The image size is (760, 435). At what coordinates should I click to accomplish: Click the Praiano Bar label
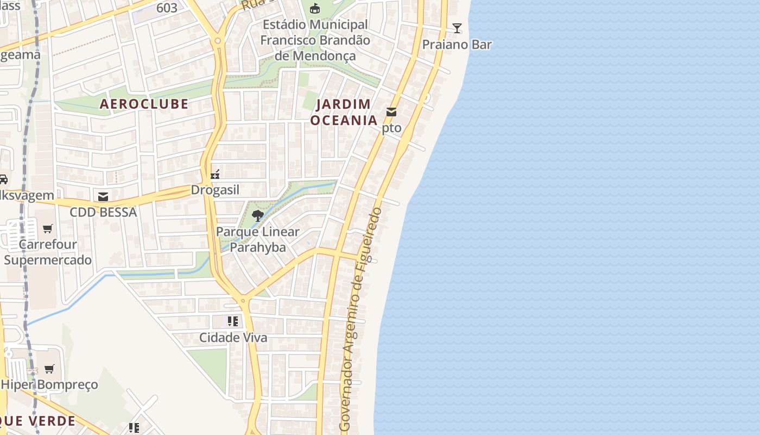pyautogui.click(x=457, y=45)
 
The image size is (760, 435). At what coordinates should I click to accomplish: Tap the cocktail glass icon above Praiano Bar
pyautogui.click(x=457, y=28)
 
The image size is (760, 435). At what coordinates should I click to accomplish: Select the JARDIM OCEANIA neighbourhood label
pyautogui.click(x=344, y=112)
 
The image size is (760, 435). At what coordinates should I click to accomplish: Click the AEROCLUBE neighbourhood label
pyautogui.click(x=144, y=104)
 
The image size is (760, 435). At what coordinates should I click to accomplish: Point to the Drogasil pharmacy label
pyautogui.click(x=215, y=190)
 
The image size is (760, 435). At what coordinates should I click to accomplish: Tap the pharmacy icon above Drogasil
pyautogui.click(x=215, y=175)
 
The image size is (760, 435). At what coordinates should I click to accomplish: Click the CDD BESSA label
pyautogui.click(x=103, y=212)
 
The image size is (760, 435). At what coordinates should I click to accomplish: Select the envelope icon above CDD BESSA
pyautogui.click(x=103, y=196)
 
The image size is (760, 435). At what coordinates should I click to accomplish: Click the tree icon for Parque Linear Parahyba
pyautogui.click(x=258, y=216)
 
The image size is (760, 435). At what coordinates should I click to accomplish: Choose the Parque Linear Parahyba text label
pyautogui.click(x=258, y=239)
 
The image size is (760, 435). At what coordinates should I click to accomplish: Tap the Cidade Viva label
pyautogui.click(x=233, y=338)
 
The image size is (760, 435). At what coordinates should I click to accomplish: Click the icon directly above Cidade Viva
pyautogui.click(x=233, y=321)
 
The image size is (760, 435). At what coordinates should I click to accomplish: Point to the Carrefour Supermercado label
pyautogui.click(x=48, y=252)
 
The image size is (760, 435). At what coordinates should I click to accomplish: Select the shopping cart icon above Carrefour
pyautogui.click(x=48, y=229)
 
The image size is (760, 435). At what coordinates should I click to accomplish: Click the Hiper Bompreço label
pyautogui.click(x=49, y=384)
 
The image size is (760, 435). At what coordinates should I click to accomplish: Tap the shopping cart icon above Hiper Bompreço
pyautogui.click(x=49, y=369)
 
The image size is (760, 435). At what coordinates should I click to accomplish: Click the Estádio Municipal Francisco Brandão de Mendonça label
pyautogui.click(x=315, y=40)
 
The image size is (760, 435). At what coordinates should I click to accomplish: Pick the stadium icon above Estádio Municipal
pyautogui.click(x=315, y=9)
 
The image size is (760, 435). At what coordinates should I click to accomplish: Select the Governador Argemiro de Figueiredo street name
pyautogui.click(x=360, y=320)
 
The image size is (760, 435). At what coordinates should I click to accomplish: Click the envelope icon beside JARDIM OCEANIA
pyautogui.click(x=391, y=112)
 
